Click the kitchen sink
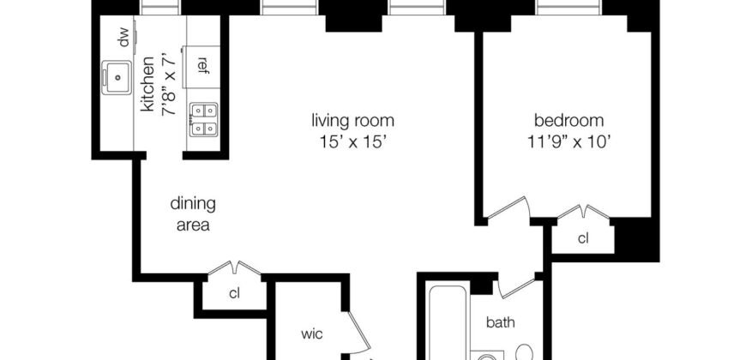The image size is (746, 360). tap(116, 75)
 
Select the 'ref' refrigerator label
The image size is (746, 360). tap(203, 64)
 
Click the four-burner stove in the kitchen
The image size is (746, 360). tap(203, 119)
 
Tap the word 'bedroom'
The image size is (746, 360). tap(569, 120)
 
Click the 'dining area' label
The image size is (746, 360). tap(193, 214)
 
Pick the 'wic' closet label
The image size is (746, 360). tap(310, 333)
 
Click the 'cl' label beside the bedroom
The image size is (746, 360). tap(583, 237)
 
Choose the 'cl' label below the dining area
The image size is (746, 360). tap(233, 293)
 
